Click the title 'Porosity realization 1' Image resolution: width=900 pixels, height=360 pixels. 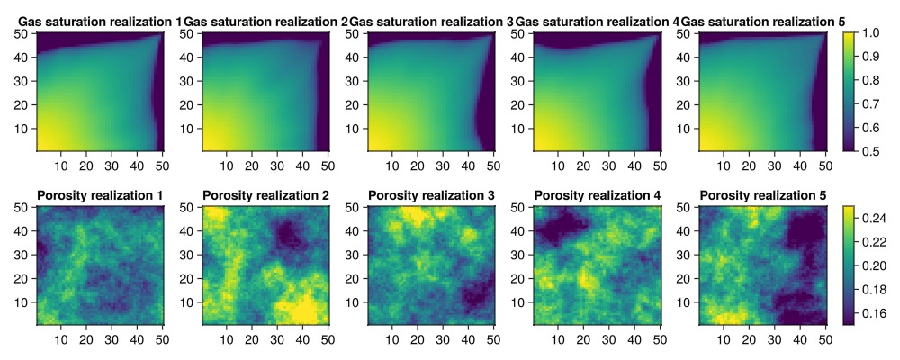tap(100, 195)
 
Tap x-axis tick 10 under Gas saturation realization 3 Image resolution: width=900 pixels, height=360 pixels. tap(392, 165)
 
